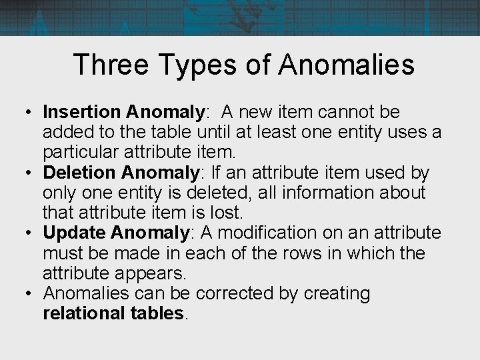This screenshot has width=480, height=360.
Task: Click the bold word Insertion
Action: click(80, 113)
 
